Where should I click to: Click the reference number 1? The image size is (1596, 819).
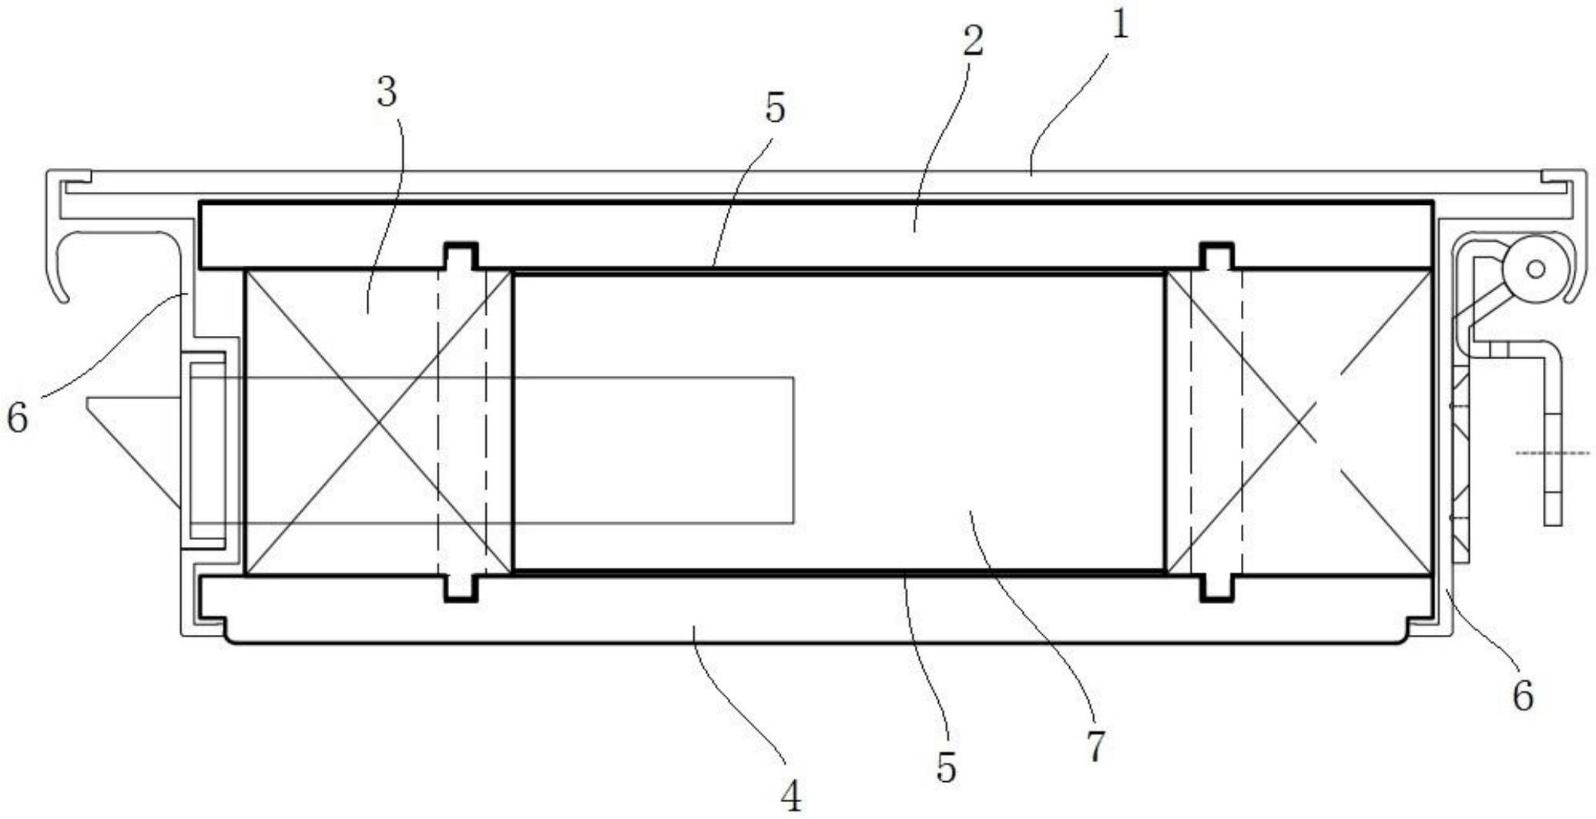point(1121,25)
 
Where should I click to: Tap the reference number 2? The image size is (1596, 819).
point(973,41)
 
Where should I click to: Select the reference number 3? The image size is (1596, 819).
point(387,92)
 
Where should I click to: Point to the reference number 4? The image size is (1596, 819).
point(791,797)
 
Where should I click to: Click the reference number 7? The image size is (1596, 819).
point(1095,745)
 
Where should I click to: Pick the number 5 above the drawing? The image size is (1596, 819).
point(775,108)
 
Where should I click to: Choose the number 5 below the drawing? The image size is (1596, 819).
point(946,767)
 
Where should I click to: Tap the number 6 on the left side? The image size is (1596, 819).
point(17,418)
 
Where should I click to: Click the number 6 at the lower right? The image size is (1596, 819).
point(1523,696)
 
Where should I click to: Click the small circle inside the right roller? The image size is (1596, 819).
point(1536,269)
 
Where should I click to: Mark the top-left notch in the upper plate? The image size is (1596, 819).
point(461,256)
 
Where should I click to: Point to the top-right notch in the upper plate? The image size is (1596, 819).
point(1218,256)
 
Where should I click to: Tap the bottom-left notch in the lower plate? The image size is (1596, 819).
point(461,587)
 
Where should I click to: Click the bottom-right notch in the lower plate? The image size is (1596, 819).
point(1218,587)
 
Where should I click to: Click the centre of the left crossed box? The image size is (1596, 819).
point(378,422)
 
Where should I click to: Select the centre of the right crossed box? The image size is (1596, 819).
point(1299,422)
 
